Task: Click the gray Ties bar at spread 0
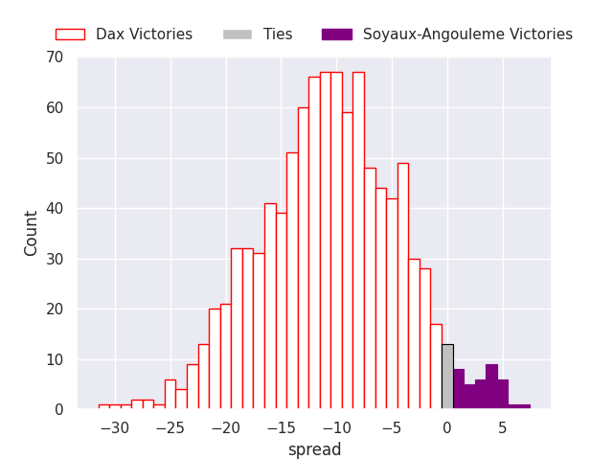447,377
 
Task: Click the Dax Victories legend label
144,34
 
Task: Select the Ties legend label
278,34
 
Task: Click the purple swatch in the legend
337,34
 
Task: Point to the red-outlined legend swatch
70,34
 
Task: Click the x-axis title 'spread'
314,449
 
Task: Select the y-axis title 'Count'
32,233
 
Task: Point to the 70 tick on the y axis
54,57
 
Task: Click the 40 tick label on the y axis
54,209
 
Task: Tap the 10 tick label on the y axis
54,359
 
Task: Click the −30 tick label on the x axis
114,428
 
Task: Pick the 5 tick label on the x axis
503,428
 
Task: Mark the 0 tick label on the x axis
447,428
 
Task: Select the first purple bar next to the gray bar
459,389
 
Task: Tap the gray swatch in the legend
238,34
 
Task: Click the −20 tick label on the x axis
225,428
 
